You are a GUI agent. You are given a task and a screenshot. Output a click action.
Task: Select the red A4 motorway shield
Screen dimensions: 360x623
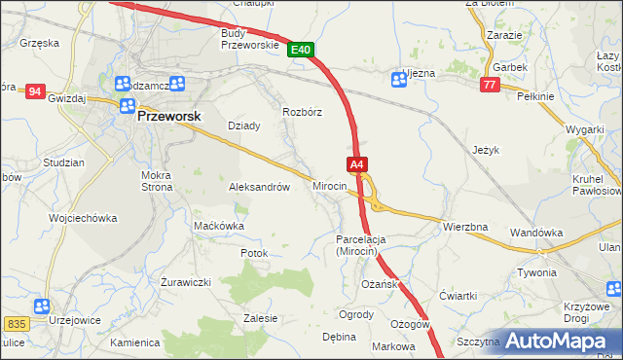tap(357, 165)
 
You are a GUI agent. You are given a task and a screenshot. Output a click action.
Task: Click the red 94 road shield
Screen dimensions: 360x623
tap(35, 91)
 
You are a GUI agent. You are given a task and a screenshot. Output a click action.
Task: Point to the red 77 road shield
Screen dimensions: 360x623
tap(490, 86)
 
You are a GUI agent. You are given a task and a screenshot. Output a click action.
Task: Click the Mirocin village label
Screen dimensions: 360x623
tap(331, 185)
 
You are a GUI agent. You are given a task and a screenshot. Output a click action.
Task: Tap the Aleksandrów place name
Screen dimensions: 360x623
tap(258, 187)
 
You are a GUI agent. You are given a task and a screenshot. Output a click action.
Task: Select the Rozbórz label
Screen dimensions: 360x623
tap(302, 111)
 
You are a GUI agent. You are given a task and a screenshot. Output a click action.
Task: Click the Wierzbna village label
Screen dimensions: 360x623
tap(464, 227)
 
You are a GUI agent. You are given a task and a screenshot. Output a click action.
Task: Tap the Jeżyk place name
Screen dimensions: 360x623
tap(485, 150)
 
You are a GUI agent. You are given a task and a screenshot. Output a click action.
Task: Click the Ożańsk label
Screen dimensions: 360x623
tap(378, 284)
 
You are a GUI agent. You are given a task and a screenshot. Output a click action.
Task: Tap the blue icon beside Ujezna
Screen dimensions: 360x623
tap(397, 80)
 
